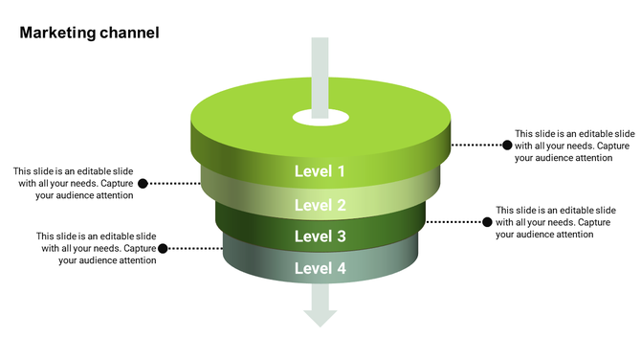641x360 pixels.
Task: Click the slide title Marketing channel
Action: pyautogui.click(x=89, y=33)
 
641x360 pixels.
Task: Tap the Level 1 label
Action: pyautogui.click(x=320, y=172)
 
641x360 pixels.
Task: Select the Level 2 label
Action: pyautogui.click(x=320, y=205)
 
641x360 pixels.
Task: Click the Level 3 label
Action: pyautogui.click(x=320, y=236)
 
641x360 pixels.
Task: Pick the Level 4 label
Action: pyautogui.click(x=320, y=268)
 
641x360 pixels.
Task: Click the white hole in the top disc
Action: pyautogui.click(x=320, y=119)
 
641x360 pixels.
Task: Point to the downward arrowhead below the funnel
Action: pyautogui.click(x=320, y=316)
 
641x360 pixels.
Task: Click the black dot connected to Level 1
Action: pyautogui.click(x=507, y=146)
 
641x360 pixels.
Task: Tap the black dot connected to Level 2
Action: pyautogui.click(x=143, y=183)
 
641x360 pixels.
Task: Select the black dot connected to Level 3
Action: pyautogui.click(x=487, y=222)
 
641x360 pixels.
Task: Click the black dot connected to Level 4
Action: pyautogui.click(x=163, y=248)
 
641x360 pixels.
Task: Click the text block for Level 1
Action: pyautogui.click(x=574, y=146)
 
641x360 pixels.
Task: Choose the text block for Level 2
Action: pyautogui.click(x=73, y=183)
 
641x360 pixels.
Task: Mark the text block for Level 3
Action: pyautogui.click(x=555, y=222)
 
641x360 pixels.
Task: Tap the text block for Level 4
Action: pyautogui.click(x=96, y=248)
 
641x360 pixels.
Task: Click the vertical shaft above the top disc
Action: pyautogui.click(x=320, y=67)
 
